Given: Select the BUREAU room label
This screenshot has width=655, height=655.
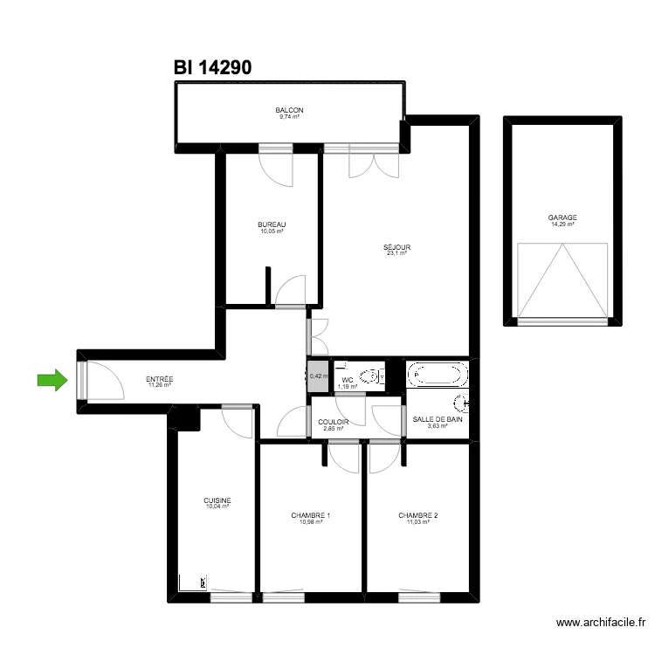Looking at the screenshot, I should tap(272, 224).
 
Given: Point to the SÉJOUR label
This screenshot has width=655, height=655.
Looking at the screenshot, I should tap(396, 247).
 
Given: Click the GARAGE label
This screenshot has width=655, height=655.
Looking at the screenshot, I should tap(562, 218).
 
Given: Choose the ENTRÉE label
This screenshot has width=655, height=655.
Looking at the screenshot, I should tap(159, 379).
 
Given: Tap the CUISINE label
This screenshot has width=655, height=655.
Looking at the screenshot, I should tap(217, 500).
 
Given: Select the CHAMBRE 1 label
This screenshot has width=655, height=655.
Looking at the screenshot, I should tap(310, 515).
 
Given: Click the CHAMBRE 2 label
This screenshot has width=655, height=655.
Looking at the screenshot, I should tap(418, 515).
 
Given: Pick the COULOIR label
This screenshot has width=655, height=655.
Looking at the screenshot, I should tap(334, 422).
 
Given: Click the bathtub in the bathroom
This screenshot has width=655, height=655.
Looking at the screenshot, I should tap(437, 375).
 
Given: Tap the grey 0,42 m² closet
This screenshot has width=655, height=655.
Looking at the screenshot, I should tap(318, 376).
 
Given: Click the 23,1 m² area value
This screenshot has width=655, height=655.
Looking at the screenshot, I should tap(396, 253).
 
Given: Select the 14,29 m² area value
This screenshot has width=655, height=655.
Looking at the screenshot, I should tap(562, 224).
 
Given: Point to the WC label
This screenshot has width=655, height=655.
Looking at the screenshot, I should tap(347, 380).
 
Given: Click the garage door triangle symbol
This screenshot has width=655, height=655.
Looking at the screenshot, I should tap(562, 279).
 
